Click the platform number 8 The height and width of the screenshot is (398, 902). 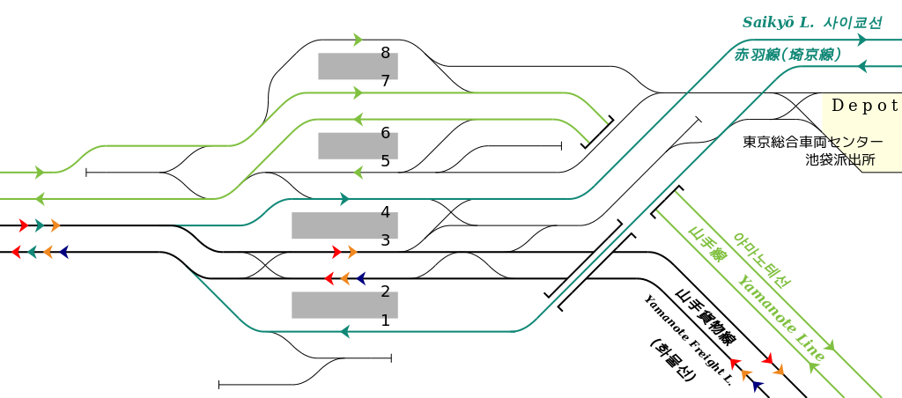pyautogui.click(x=385, y=53)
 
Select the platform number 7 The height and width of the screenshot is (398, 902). pyautogui.click(x=385, y=81)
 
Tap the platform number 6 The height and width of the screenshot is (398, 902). pyautogui.click(x=385, y=133)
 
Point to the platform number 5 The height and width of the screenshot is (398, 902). pyautogui.click(x=385, y=161)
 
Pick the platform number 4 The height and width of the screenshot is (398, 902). pyautogui.click(x=385, y=212)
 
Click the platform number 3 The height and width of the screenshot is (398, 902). pyautogui.click(x=385, y=240)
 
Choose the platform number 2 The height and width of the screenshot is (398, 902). pyautogui.click(x=385, y=291)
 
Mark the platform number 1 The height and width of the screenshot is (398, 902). pyautogui.click(x=385, y=321)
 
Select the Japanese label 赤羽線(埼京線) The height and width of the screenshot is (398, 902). pyautogui.click(x=787, y=55)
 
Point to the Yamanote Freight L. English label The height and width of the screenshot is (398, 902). pyautogui.click(x=688, y=340)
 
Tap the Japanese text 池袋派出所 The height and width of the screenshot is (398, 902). pyautogui.click(x=840, y=160)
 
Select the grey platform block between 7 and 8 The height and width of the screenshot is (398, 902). pyautogui.click(x=358, y=66)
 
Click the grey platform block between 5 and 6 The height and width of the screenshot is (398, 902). pyautogui.click(x=358, y=146)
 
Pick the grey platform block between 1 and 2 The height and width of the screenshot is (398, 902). pyautogui.click(x=344, y=305)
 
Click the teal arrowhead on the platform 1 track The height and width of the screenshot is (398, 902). pyautogui.click(x=345, y=332)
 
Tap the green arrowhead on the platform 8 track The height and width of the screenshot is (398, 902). pyautogui.click(x=358, y=40)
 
